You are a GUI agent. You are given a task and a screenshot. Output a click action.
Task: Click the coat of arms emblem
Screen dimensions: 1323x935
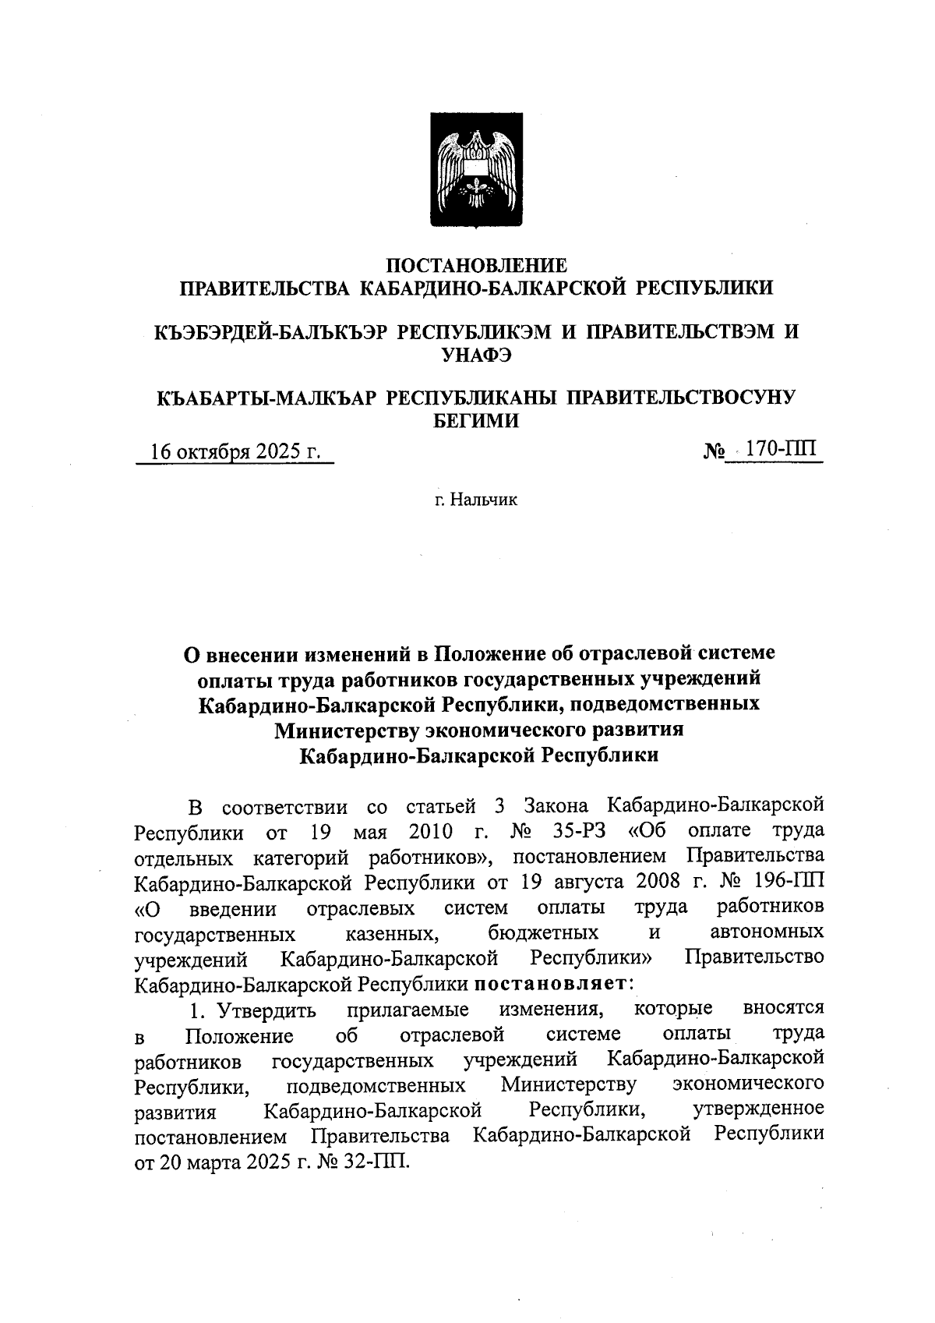point(477,170)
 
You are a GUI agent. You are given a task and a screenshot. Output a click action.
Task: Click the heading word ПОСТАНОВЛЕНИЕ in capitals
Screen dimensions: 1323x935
point(477,265)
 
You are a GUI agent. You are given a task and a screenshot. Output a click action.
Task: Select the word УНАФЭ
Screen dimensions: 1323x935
point(476,356)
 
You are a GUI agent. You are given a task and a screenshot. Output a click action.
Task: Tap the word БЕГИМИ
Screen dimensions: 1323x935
point(476,422)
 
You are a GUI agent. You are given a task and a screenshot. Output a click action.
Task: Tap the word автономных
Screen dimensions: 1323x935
point(767,932)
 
